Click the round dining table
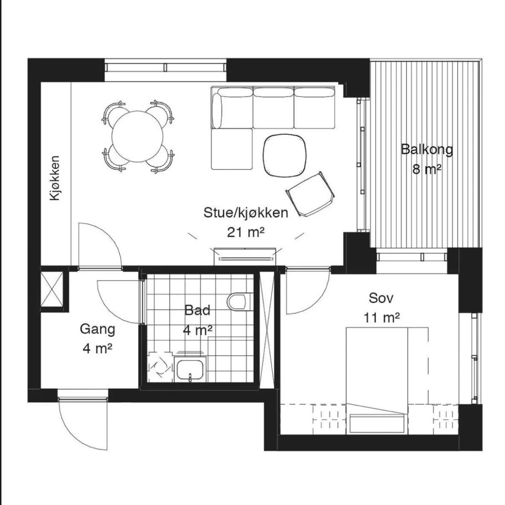click(138, 137)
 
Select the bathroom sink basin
click(190, 370)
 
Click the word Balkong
click(427, 150)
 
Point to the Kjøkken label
click(55, 178)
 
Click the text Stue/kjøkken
click(246, 213)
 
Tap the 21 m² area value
click(246, 232)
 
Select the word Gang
click(97, 330)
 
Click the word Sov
click(381, 298)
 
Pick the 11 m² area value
click(382, 318)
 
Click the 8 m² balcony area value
click(427, 169)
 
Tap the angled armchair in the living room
click(310, 194)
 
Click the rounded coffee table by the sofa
click(284, 155)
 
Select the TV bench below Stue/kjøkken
click(245, 257)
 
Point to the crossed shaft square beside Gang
click(52, 289)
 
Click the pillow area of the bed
click(377, 424)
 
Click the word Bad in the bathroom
click(198, 310)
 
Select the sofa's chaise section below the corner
click(232, 149)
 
